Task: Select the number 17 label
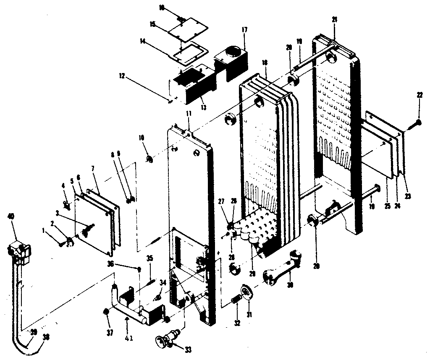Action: pos(244,30)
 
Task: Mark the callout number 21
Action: pos(334,20)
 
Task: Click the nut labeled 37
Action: pos(107,312)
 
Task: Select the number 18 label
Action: pos(265,62)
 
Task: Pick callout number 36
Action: pos(110,263)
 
